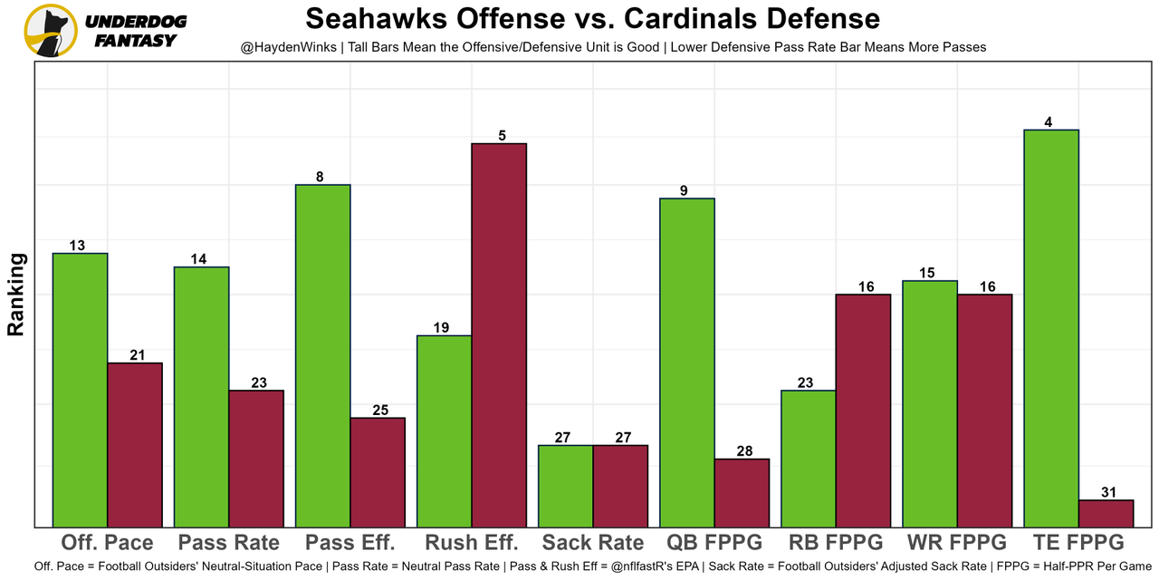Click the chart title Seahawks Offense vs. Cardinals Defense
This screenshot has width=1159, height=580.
(592, 19)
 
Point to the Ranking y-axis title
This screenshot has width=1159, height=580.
(15, 295)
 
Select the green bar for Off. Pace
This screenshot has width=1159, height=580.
(81, 390)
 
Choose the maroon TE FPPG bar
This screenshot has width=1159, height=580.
(1106, 513)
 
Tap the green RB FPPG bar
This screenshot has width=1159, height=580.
(809, 458)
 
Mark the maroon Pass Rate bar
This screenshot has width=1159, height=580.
(256, 458)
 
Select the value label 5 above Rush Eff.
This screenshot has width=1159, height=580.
(502, 136)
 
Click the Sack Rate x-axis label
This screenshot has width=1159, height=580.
(593, 543)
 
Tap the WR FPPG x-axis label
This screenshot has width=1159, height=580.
(957, 543)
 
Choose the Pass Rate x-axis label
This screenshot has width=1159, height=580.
(229, 543)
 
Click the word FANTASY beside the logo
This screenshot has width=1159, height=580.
(135, 41)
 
